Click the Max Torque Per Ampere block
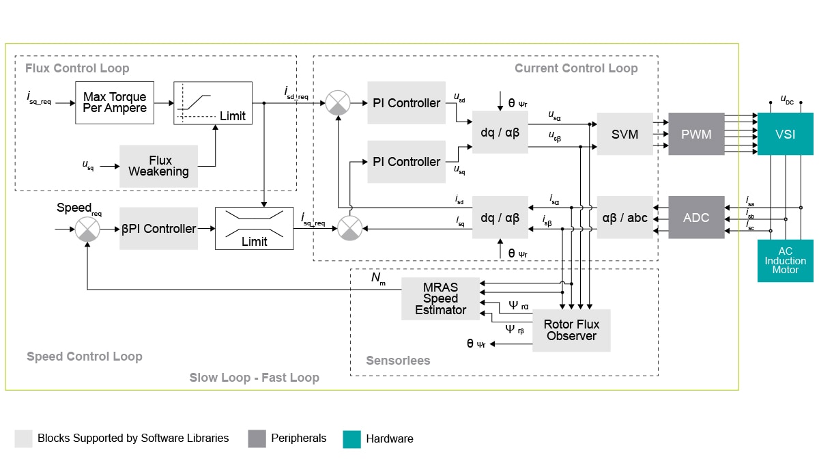click(115, 102)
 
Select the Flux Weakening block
click(158, 166)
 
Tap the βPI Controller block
click(158, 229)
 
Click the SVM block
click(624, 135)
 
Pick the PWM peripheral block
click(696, 135)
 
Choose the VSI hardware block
click(785, 135)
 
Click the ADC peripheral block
click(696, 218)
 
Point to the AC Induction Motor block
click(785, 260)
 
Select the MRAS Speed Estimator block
click(440, 298)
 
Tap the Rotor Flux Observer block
click(571, 331)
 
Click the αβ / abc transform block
click(624, 218)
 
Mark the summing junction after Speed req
click(87, 229)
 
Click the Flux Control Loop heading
click(77, 68)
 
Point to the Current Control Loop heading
click(576, 68)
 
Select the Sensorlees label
click(398, 361)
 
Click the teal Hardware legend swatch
click(351, 439)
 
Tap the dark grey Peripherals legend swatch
click(257, 438)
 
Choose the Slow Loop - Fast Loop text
click(254, 378)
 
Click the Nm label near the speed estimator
click(377, 279)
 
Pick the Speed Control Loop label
click(85, 357)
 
